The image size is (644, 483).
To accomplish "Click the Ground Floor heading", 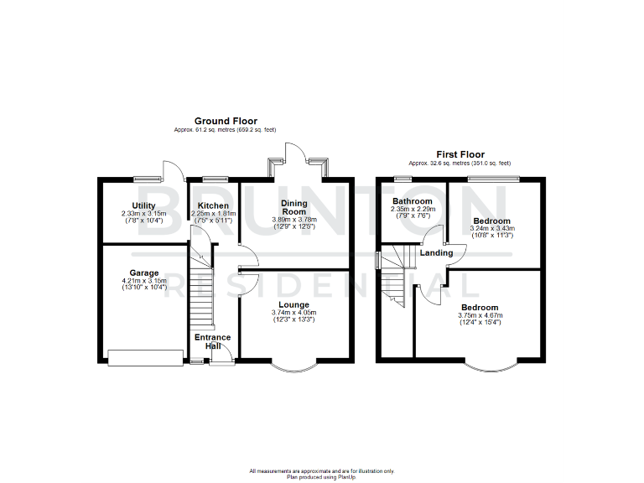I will point(226,121).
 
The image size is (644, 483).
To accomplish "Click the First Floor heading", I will point(460,154).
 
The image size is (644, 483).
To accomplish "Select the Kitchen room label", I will point(213,205).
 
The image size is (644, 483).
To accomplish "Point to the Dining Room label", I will point(293,207).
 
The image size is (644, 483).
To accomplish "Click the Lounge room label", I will point(293,304).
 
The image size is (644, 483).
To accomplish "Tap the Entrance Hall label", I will point(213,341).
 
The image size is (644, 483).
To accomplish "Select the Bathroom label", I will point(413,202).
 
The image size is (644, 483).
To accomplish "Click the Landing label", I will point(436,252).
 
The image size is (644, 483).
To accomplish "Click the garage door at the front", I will point(145,358).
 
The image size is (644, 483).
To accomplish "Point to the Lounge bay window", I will point(294,367).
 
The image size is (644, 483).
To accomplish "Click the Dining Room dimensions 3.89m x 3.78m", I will point(293,220).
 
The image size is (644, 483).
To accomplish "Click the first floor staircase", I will point(394,277).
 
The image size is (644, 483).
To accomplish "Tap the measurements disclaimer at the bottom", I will point(321,471).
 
